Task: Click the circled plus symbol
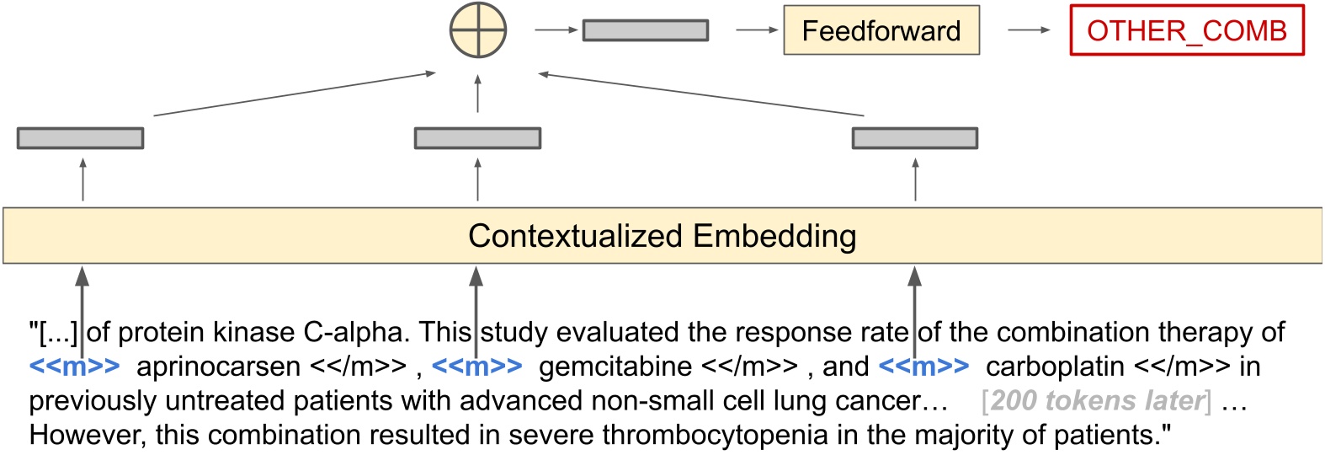pyautogui.click(x=478, y=30)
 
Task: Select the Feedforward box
pyautogui.click(x=881, y=31)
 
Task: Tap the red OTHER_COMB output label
pyautogui.click(x=1186, y=31)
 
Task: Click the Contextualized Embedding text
pyautogui.click(x=662, y=236)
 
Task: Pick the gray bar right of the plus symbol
pyautogui.click(x=646, y=30)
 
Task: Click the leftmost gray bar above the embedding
pyautogui.click(x=81, y=138)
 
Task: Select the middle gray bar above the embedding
pyautogui.click(x=477, y=138)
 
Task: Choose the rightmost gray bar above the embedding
pyautogui.click(x=915, y=138)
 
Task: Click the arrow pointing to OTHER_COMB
pyautogui.click(x=1029, y=30)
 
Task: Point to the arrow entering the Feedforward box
pyautogui.click(x=757, y=30)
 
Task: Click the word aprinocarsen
pyautogui.click(x=218, y=367)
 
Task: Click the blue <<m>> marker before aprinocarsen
pyautogui.click(x=74, y=367)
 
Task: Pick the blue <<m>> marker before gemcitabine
pyautogui.click(x=476, y=367)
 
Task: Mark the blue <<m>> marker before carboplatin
pyautogui.click(x=923, y=367)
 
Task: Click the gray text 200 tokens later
pyautogui.click(x=1097, y=401)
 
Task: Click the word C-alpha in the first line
pyautogui.click(x=357, y=333)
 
